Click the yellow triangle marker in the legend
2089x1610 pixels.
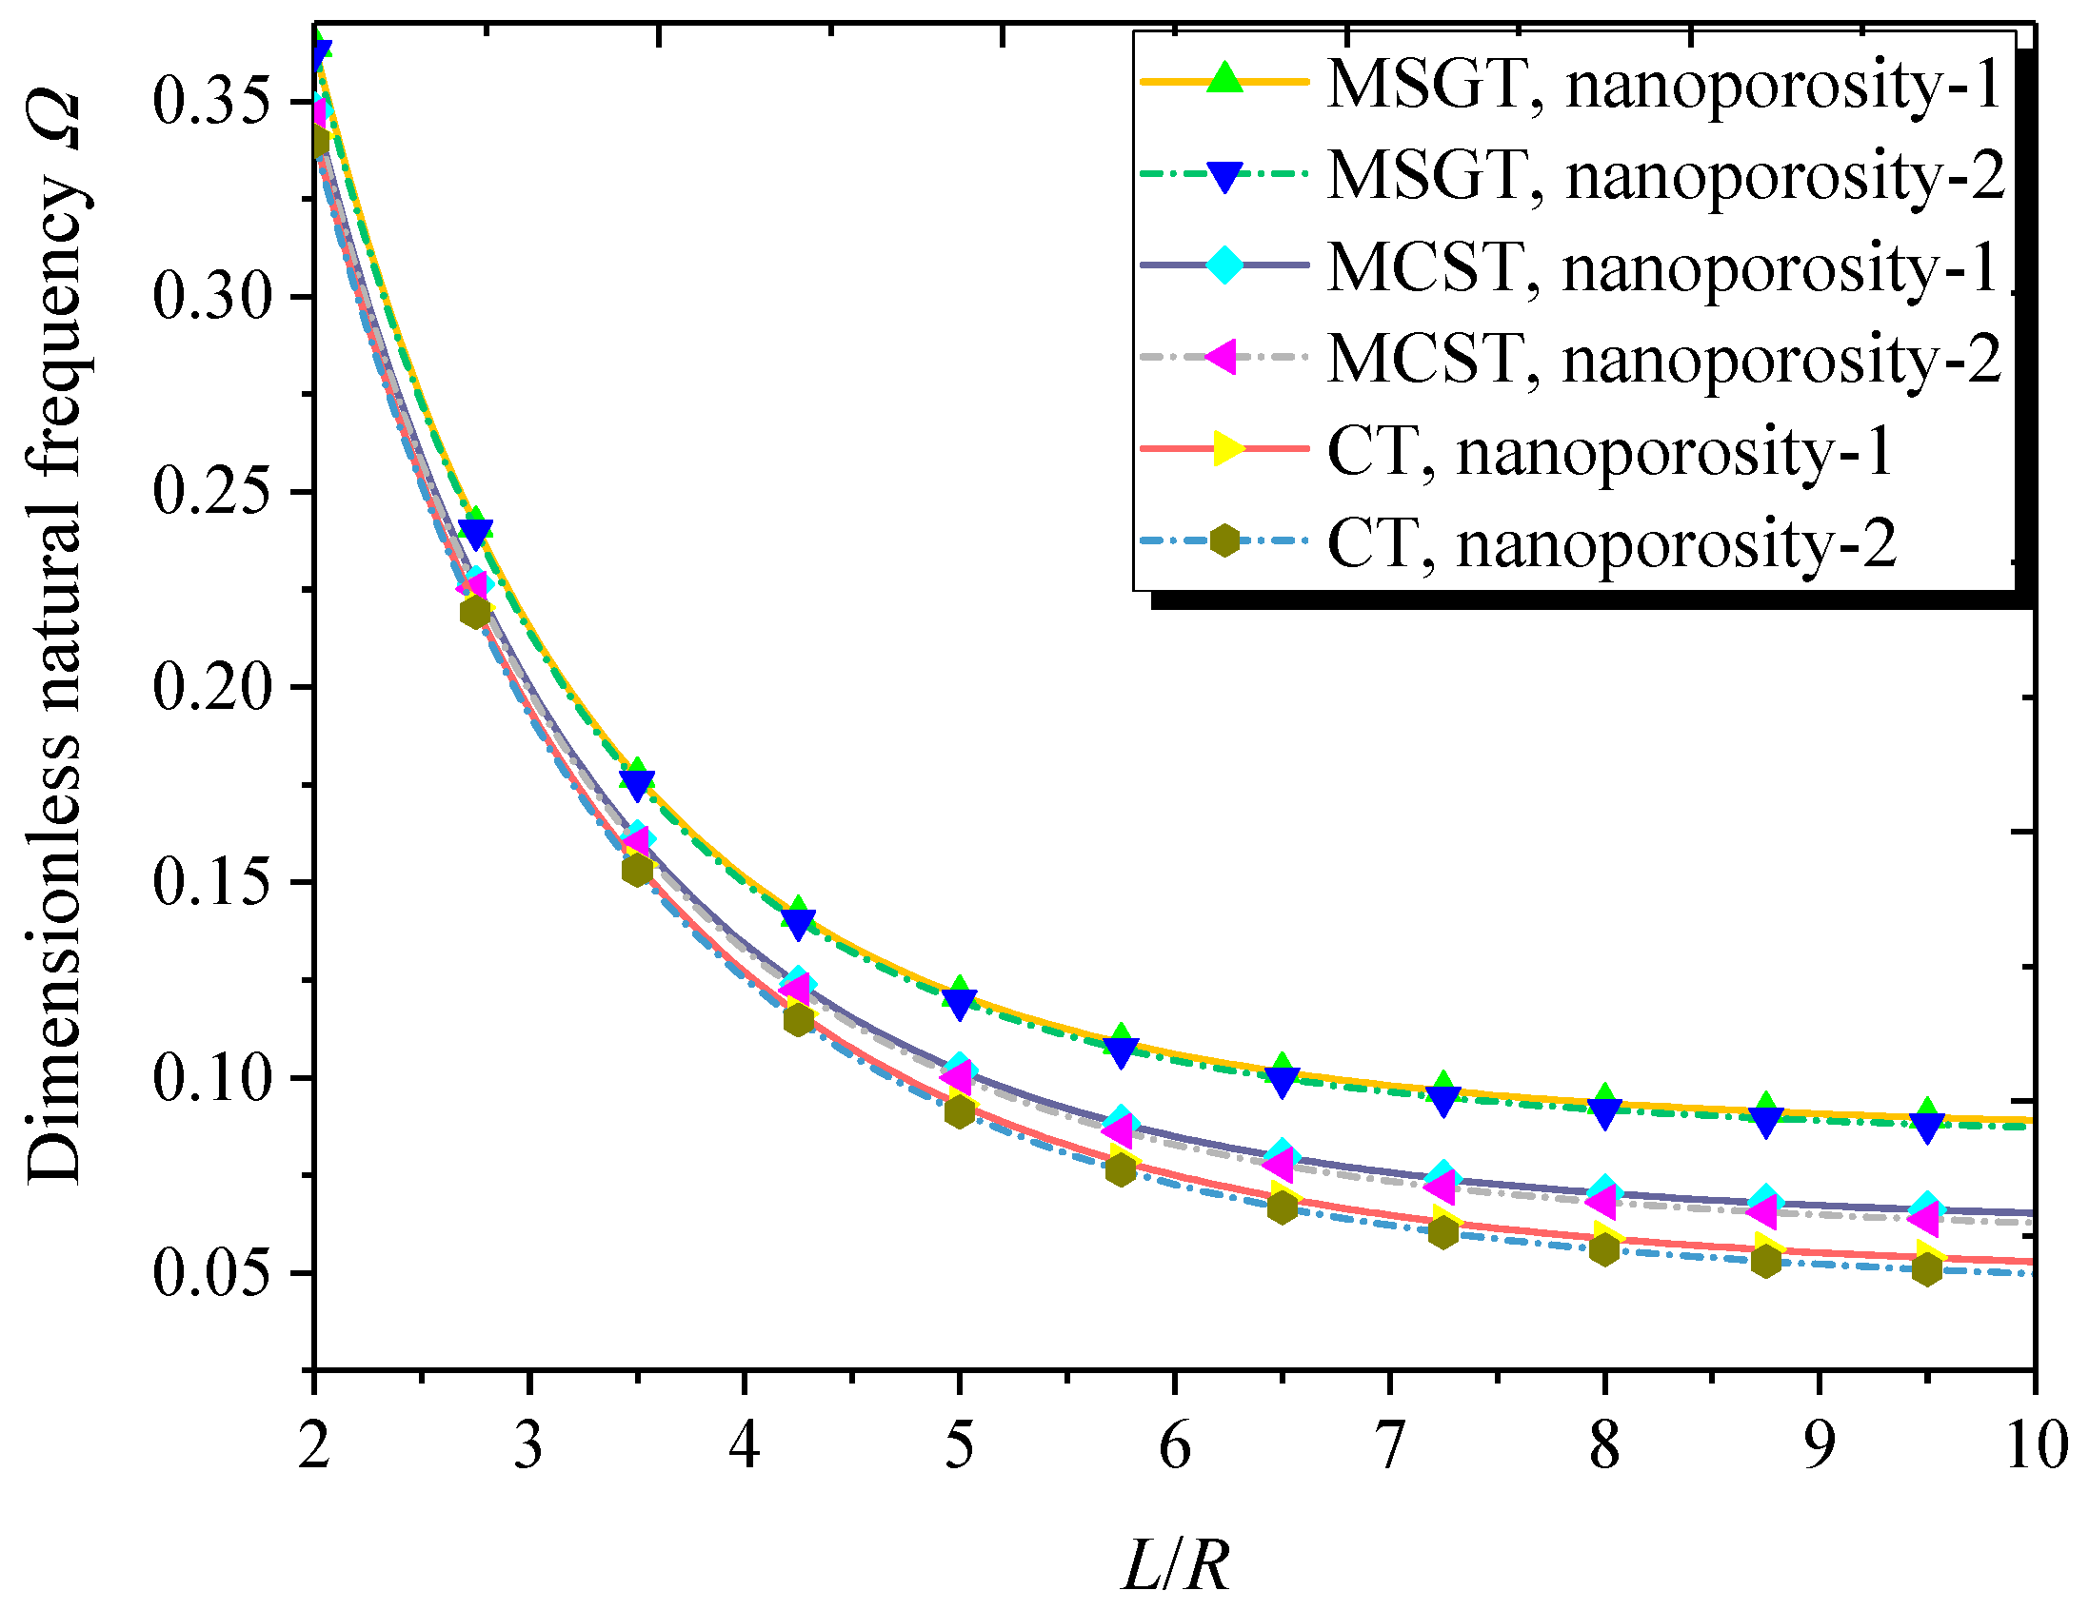tap(1227, 447)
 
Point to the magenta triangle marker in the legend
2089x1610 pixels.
tap(1222, 357)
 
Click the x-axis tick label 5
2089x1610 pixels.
tap(959, 1445)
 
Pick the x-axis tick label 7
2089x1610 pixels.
tap(1389, 1445)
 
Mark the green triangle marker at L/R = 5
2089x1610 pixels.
tap(960, 991)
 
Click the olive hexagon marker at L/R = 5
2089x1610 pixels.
tap(960, 1111)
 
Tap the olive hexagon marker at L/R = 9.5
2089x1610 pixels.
tap(1927, 1269)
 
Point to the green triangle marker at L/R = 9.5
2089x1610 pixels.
tap(1927, 1112)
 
